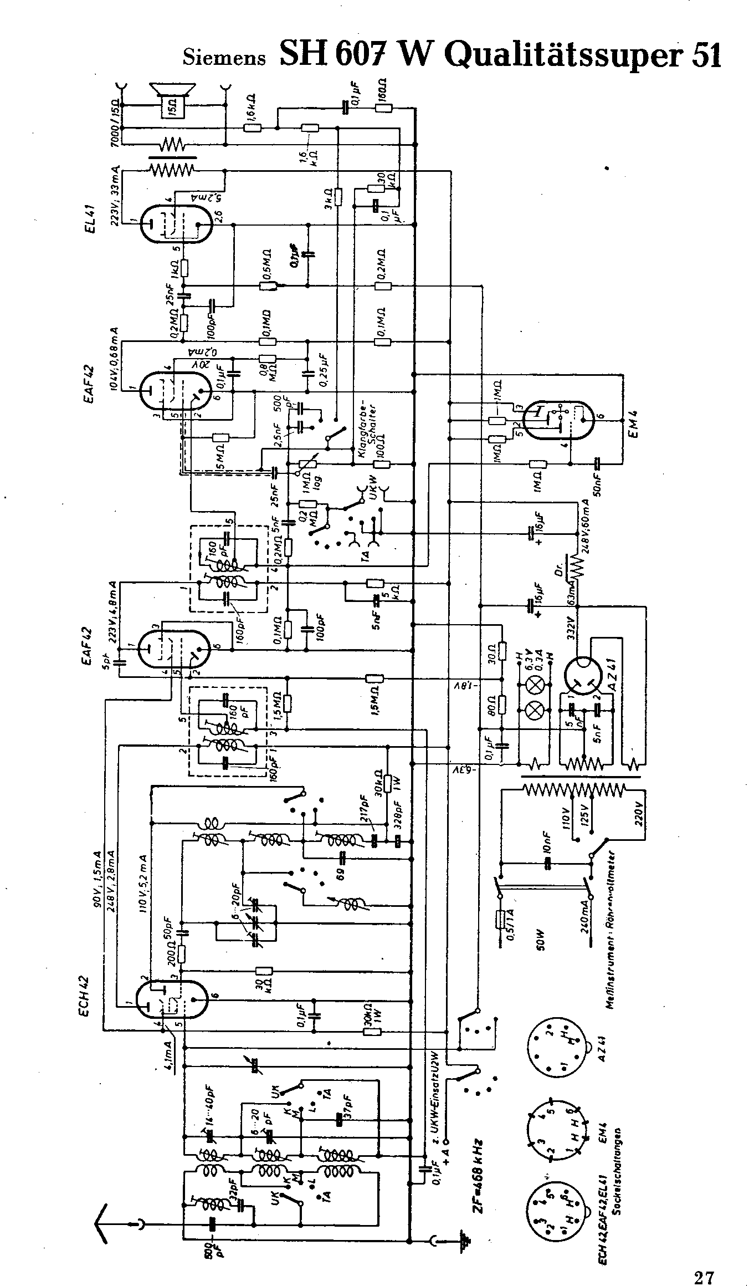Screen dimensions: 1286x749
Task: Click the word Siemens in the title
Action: [224, 58]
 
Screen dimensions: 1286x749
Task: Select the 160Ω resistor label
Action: [382, 91]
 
